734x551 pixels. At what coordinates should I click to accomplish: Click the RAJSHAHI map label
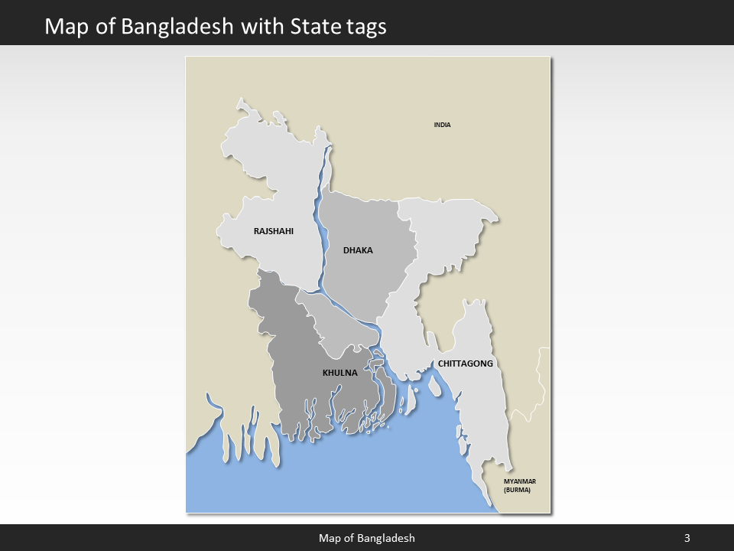[273, 230]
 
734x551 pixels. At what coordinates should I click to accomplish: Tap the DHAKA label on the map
[358, 250]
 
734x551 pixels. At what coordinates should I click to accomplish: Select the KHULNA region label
[339, 373]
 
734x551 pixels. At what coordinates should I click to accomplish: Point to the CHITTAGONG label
[465, 364]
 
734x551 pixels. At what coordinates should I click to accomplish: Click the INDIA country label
[442, 125]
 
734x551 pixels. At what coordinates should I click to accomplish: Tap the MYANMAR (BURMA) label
[519, 485]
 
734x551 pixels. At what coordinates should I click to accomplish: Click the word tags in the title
[365, 27]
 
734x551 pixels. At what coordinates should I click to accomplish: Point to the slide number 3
[687, 538]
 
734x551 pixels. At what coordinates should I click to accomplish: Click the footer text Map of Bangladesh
[367, 538]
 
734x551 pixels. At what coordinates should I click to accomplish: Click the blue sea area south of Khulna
[344, 474]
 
